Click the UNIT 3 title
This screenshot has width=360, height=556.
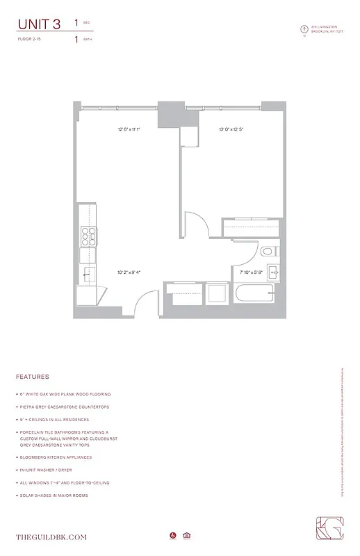point(38,24)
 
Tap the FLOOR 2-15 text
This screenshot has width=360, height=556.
point(29,40)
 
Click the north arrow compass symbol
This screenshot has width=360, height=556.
point(303,29)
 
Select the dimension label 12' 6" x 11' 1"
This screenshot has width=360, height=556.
point(129,129)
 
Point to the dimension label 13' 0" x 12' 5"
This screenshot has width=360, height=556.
point(231,129)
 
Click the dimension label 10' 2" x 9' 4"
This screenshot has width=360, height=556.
point(129,272)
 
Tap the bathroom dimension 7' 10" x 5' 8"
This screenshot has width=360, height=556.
point(251,273)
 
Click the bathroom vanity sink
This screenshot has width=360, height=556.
point(273,272)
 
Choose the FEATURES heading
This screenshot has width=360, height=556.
point(32,377)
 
